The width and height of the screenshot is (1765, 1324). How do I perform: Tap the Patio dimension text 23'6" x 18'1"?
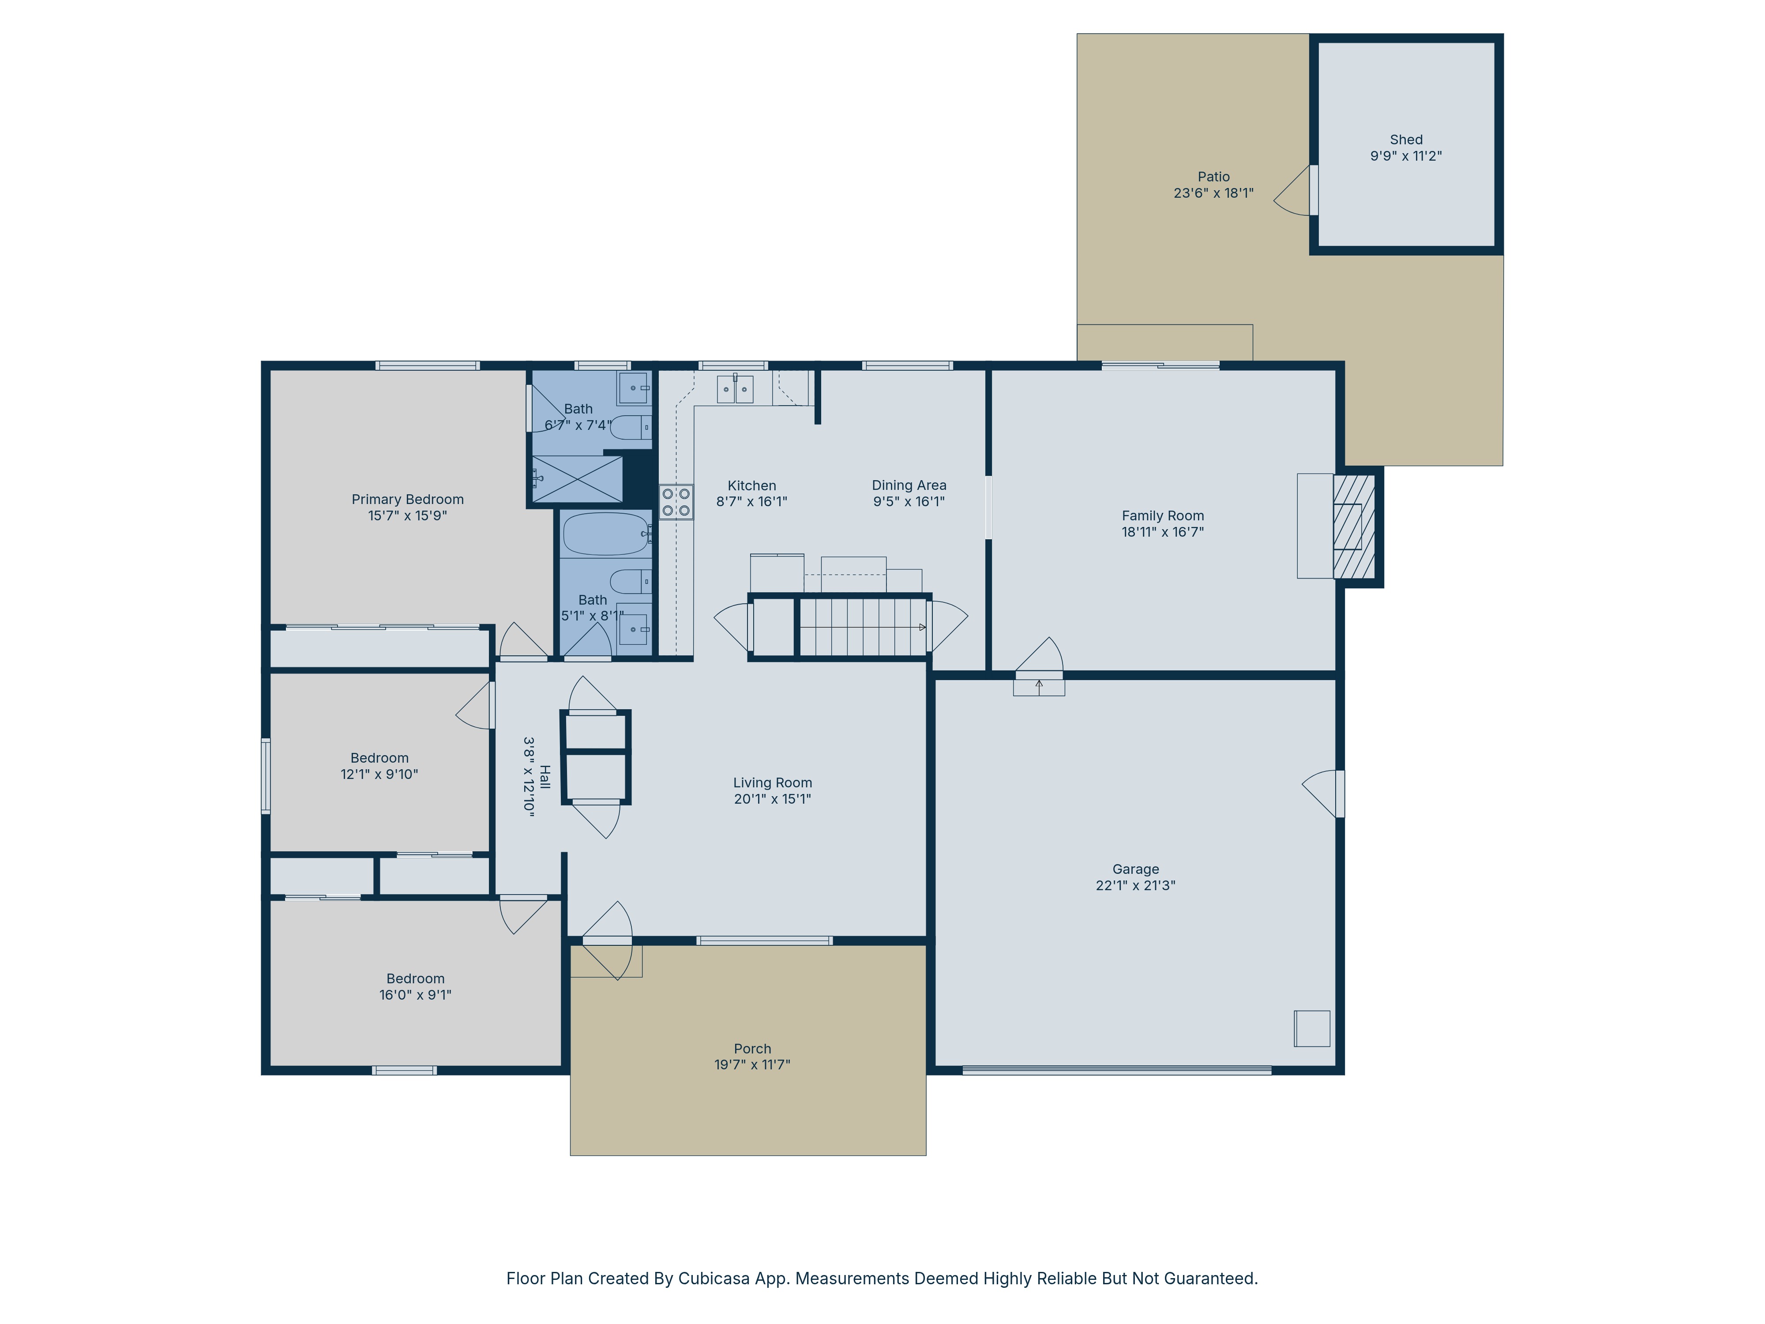point(1213,193)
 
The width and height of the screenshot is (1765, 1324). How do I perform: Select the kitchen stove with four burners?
point(676,502)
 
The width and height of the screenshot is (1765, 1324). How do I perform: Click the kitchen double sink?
point(735,389)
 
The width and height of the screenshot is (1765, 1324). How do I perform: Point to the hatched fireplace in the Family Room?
point(1354,527)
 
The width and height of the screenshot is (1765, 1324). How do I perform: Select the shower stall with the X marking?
point(577,479)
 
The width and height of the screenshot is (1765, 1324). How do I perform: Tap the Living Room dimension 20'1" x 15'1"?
point(772,799)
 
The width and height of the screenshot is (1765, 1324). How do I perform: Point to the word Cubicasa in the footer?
point(714,1279)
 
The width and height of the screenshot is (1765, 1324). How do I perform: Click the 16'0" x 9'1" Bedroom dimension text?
point(415,995)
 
